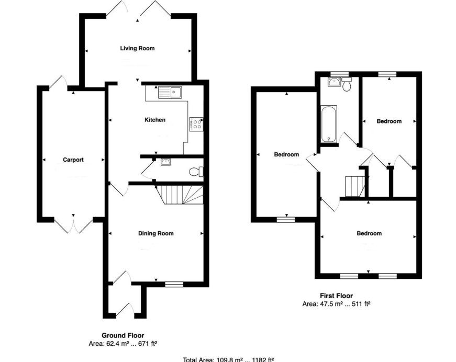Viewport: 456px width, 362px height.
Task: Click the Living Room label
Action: (x=137, y=49)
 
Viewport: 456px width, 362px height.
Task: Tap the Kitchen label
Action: (x=155, y=120)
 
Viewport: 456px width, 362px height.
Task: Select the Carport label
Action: (x=73, y=160)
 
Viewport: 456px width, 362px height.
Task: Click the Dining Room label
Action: (x=155, y=233)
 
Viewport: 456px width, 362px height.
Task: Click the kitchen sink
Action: (x=169, y=93)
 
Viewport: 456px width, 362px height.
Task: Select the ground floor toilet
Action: (x=196, y=171)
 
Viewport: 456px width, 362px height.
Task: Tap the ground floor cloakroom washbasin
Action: (x=166, y=162)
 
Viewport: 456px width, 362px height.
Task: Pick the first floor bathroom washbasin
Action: (x=333, y=81)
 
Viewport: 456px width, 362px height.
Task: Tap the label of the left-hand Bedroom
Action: (x=286, y=155)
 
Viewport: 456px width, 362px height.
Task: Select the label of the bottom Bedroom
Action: (x=369, y=233)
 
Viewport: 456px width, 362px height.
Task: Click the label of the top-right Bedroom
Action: (x=389, y=121)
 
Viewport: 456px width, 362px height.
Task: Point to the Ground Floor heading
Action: (x=123, y=335)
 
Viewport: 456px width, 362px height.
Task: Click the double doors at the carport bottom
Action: (x=73, y=225)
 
